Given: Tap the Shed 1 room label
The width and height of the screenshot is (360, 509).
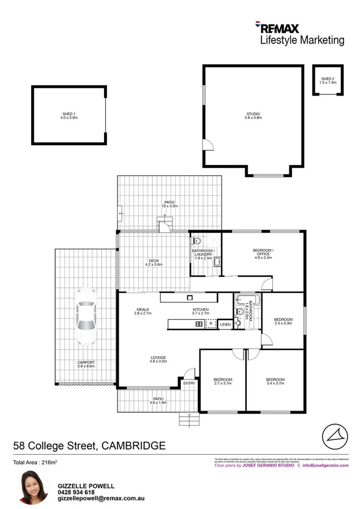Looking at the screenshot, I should (x=69, y=117).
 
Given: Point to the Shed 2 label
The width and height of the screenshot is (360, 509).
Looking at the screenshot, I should (x=328, y=80).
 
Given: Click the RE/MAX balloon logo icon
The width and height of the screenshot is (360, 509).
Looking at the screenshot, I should (x=258, y=25).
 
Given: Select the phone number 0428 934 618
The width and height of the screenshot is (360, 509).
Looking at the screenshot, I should (x=76, y=493).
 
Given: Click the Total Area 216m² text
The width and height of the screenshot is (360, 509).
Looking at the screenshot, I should (x=36, y=463).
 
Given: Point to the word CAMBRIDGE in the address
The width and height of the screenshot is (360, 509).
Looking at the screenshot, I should (x=133, y=446).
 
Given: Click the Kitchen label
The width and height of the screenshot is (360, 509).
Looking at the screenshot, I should (x=201, y=310).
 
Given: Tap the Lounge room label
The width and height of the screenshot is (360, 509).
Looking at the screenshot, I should (x=158, y=358).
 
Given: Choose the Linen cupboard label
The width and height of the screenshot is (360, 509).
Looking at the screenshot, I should (x=225, y=325).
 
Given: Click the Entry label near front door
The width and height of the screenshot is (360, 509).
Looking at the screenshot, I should (x=189, y=383).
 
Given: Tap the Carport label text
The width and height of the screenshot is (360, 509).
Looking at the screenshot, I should (x=86, y=363).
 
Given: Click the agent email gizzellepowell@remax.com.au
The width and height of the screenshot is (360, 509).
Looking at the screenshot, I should (x=94, y=500).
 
